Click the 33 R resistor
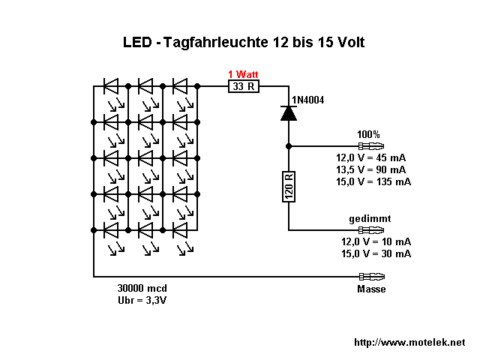point(243,86)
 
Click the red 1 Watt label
point(244,73)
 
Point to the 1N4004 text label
point(307,100)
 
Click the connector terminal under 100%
point(373,146)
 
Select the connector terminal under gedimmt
point(373,230)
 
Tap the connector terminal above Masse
point(373,277)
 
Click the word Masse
point(371,289)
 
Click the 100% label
point(369,134)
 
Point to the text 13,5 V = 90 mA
point(373,169)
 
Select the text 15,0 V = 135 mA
point(373,181)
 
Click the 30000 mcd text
point(142,288)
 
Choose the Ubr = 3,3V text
point(143,300)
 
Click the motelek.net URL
point(409,342)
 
